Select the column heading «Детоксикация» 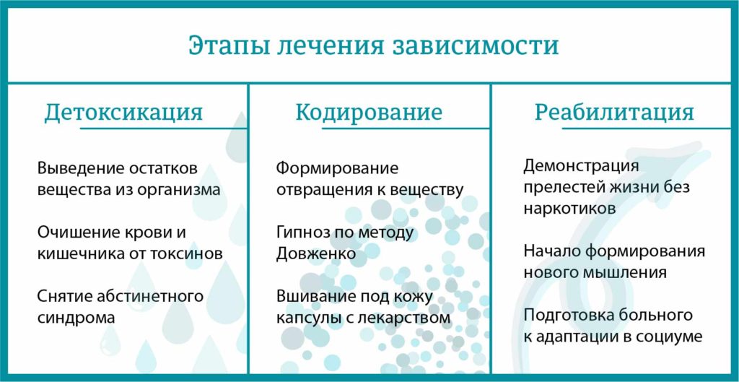[x=123, y=113]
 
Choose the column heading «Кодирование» [x=369, y=113]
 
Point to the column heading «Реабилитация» [x=614, y=113]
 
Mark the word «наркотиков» [x=569, y=209]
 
